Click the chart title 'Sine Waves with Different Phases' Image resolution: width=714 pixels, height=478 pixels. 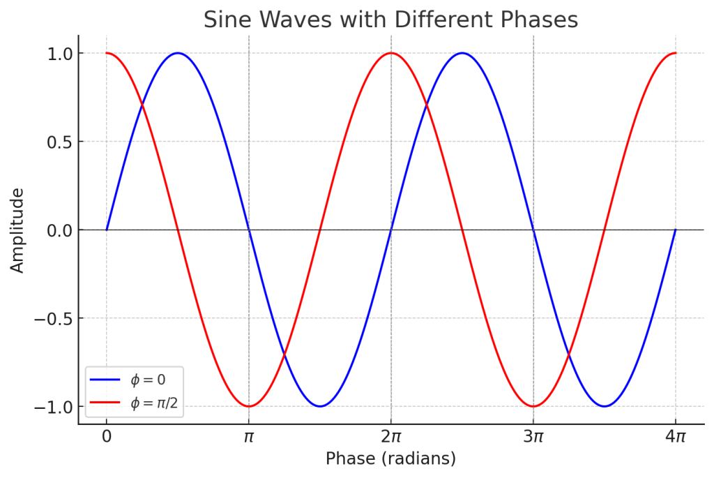tap(390, 20)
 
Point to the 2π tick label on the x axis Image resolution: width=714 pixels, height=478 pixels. tap(390, 437)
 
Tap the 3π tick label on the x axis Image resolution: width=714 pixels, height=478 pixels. tap(533, 437)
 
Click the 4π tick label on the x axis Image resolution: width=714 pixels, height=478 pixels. tap(675, 437)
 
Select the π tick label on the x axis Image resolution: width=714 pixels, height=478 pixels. tap(248, 437)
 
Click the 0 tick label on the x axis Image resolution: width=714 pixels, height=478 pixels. tap(106, 437)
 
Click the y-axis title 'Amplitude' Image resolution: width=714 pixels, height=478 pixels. tap(17, 230)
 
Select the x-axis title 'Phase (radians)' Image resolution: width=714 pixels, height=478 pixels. tap(390, 458)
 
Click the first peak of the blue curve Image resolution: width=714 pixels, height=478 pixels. tap(178, 53)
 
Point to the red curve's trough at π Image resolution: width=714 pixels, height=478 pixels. tap(248, 406)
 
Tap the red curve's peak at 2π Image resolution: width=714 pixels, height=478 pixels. tap(390, 53)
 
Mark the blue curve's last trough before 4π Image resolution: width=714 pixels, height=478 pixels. tap(604, 406)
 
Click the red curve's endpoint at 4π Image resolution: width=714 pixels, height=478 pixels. tap(675, 53)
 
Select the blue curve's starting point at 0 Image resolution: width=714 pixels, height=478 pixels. tap(106, 230)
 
